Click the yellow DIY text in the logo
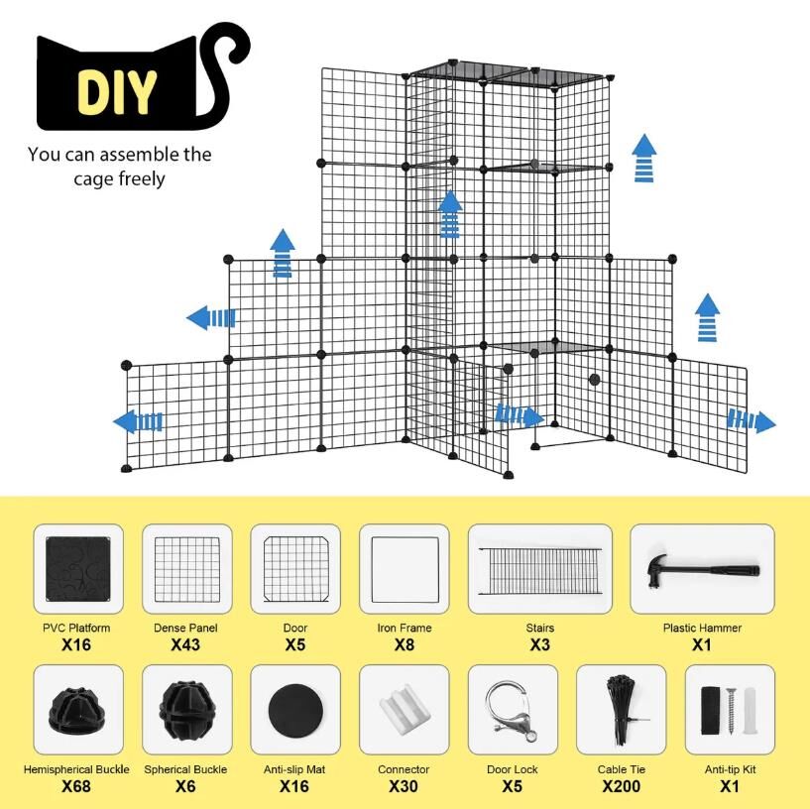[117, 92]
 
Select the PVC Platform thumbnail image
[78, 569]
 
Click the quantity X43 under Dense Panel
[185, 644]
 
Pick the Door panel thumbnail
[295, 569]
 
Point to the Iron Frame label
[404, 628]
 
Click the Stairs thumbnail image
[539, 571]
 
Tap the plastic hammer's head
[657, 570]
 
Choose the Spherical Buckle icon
[186, 709]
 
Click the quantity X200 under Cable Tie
[621, 786]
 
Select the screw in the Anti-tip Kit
[731, 710]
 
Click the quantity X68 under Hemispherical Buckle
[76, 786]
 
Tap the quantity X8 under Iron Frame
[404, 644]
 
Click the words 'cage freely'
[119, 178]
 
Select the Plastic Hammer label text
[702, 628]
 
